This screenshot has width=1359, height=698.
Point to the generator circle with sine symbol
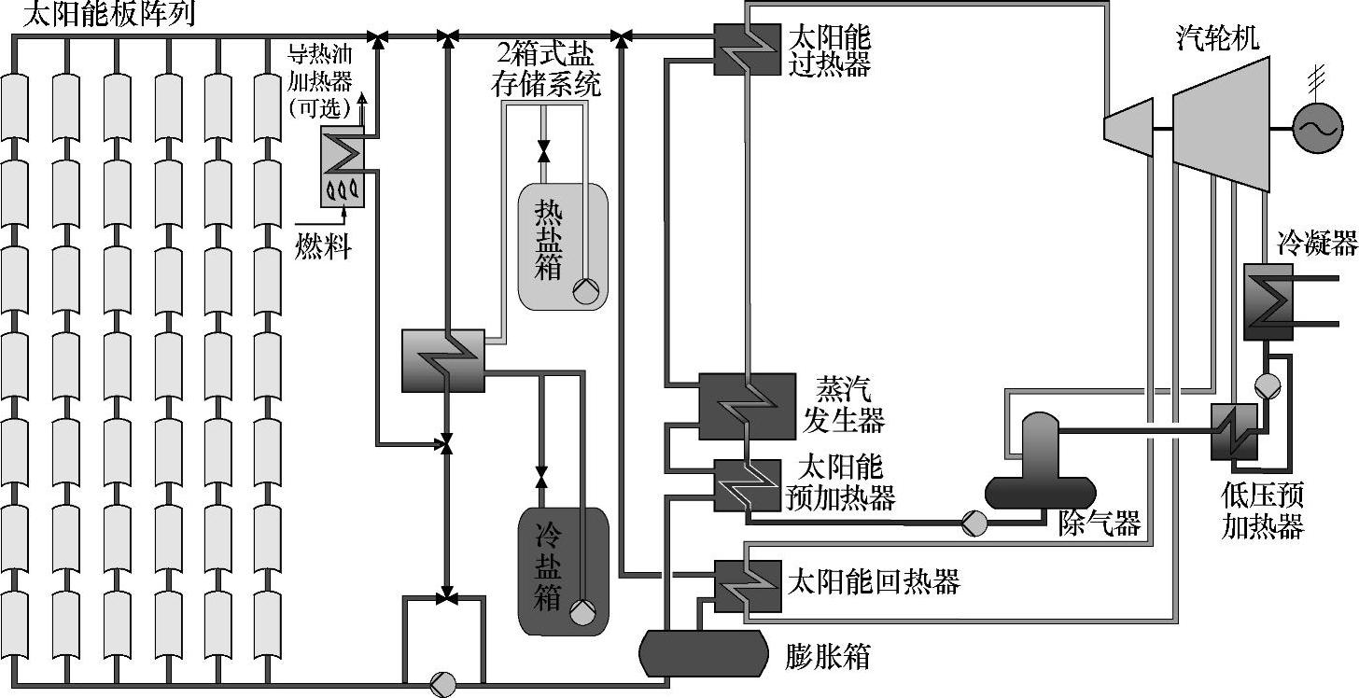(1317, 128)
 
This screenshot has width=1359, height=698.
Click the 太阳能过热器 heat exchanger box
(747, 49)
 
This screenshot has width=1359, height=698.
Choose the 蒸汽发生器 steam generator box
(747, 406)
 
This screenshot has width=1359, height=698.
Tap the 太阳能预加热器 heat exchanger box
(747, 485)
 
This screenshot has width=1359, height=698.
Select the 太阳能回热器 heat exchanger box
(747, 585)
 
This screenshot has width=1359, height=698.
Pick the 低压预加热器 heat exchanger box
(1236, 432)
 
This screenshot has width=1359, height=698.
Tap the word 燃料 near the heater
(323, 247)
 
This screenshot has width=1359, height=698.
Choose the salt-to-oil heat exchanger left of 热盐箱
(442, 360)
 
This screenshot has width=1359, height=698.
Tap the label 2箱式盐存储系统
(546, 71)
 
